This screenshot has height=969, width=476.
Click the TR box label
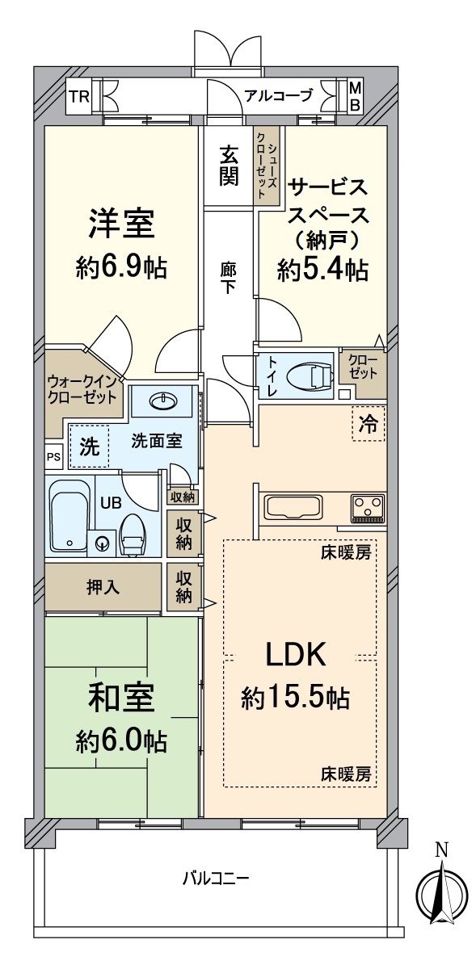tap(79, 97)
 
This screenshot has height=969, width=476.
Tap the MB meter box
tap(355, 97)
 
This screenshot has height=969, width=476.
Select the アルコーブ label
tap(278, 95)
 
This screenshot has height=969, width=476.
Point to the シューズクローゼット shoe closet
tap(267, 166)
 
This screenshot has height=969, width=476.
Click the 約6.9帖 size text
tap(122, 268)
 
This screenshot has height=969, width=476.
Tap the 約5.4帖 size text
tap(322, 271)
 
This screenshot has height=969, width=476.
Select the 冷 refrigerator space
tap(369, 423)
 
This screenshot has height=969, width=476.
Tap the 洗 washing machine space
tap(89, 446)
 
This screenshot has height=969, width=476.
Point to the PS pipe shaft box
tap(54, 457)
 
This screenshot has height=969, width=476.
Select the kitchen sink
tap(294, 506)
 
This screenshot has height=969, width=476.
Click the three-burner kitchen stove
tap(368, 506)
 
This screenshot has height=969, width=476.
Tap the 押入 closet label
tap(103, 588)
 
